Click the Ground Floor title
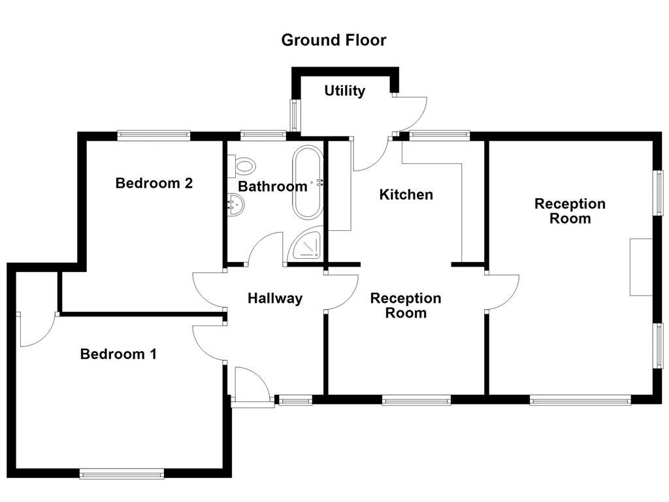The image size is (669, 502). tap(333, 40)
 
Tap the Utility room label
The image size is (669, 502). tap(344, 91)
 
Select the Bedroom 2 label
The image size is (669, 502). tap(154, 183)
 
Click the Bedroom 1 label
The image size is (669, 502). tap(118, 354)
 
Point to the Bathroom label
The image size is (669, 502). tap(272, 187)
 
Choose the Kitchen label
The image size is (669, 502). tap(406, 195)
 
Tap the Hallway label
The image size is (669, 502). tap(274, 299)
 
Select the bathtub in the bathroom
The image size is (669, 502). tap(307, 182)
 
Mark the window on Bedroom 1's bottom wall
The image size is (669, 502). tap(122, 473)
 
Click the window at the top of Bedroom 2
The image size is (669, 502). tap(154, 136)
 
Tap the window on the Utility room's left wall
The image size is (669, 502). tap(295, 115)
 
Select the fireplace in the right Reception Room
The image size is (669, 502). tap(641, 267)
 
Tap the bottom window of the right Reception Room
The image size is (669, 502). tap(579, 399)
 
